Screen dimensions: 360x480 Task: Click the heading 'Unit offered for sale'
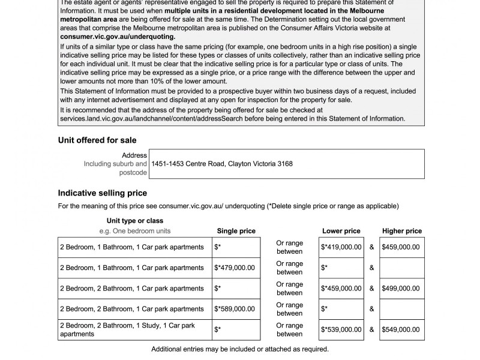(x=97, y=140)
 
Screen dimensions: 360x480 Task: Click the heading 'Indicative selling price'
(x=102, y=193)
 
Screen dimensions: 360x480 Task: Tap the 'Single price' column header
(x=236, y=231)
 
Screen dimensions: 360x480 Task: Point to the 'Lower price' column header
(x=341, y=231)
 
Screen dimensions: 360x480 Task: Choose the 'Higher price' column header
(x=401, y=231)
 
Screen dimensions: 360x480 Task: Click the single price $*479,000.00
(x=236, y=268)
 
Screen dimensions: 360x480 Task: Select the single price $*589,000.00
(x=236, y=309)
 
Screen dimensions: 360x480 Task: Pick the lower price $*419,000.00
(x=341, y=247)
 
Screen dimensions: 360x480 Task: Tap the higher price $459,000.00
(x=401, y=247)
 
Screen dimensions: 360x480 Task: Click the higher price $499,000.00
(x=401, y=289)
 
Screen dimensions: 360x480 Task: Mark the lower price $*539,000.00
(x=341, y=329)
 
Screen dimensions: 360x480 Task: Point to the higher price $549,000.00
(x=401, y=329)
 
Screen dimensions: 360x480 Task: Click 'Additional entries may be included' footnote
(x=240, y=349)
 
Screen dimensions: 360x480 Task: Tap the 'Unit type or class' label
(x=135, y=221)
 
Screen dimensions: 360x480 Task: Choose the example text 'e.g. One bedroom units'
(x=135, y=231)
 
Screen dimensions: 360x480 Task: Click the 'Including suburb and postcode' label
(x=115, y=168)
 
